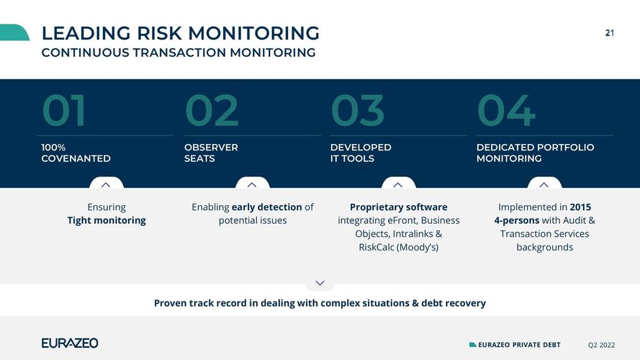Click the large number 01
point(63,110)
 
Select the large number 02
point(212,110)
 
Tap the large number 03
point(358,110)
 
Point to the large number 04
point(506,110)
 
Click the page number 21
point(610,33)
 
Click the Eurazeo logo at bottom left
point(70,343)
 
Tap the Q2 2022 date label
point(601,345)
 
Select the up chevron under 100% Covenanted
point(106,185)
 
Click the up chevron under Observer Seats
point(252,185)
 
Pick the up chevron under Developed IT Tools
point(398,185)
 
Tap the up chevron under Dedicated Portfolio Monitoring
point(544,185)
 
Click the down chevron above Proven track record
point(320,283)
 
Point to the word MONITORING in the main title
point(253,33)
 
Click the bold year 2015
point(580,207)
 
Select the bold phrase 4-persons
point(517,220)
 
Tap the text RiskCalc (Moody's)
point(398,248)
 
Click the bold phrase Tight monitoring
point(107,220)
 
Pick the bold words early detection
point(267,207)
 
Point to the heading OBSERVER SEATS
point(211,153)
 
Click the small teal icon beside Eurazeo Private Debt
point(473,345)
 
